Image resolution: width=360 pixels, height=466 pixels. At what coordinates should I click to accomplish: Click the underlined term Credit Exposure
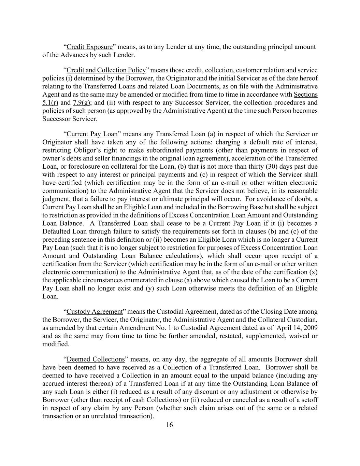coord(89,47)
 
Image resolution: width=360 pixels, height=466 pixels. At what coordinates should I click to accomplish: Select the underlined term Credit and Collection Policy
coord(106,70)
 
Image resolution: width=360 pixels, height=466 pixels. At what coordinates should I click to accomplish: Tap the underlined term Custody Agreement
coord(95,312)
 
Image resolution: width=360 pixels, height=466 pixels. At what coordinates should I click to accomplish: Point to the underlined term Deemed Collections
coord(96,359)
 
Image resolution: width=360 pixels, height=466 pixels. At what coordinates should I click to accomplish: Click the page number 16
coord(170,425)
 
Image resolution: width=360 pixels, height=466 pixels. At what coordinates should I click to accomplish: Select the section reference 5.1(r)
coord(50,102)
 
